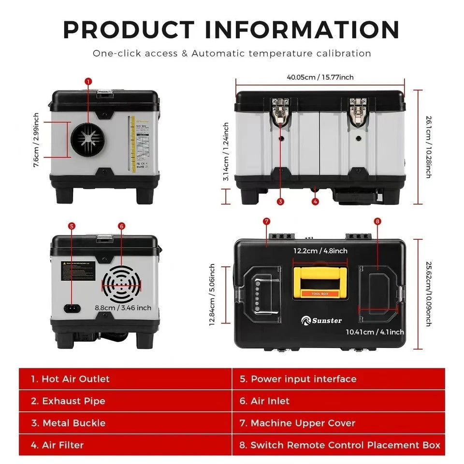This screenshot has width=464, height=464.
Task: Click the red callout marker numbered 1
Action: click(88, 82)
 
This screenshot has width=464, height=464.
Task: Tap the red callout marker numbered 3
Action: click(280, 201)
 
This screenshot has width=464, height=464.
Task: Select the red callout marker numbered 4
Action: click(315, 201)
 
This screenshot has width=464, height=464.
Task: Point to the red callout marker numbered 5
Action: click(72, 226)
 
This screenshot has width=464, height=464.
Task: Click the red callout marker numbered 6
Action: click(121, 226)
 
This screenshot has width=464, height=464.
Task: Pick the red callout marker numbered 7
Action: click(266, 221)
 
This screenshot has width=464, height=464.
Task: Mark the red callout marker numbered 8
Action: click(377, 221)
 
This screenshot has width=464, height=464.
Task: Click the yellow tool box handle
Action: click(320, 281)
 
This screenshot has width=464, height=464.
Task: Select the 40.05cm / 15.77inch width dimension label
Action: click(320, 77)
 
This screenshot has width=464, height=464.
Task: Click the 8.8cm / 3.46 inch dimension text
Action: click(123, 307)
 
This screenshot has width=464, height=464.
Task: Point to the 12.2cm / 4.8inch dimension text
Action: click(320, 251)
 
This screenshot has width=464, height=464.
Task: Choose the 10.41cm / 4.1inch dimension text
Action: click(375, 332)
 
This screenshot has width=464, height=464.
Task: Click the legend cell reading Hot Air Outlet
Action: click(125, 379)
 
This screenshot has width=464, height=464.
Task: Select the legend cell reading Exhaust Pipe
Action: click(125, 401)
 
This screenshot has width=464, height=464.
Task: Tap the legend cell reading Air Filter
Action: click(125, 445)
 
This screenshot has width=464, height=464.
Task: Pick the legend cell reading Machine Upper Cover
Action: click(338, 423)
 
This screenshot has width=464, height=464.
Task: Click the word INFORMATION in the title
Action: click(302, 29)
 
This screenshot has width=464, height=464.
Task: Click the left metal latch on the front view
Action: click(280, 111)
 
